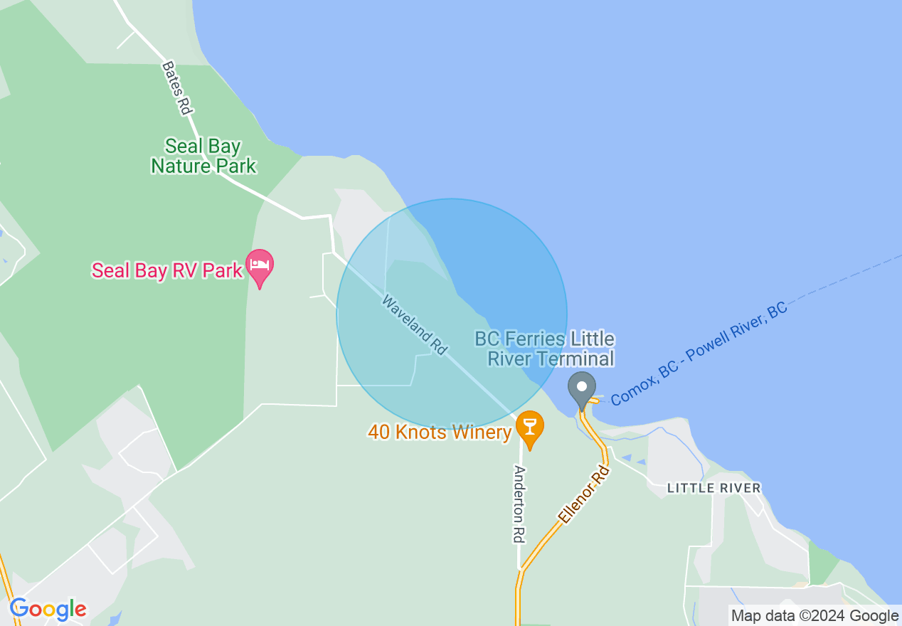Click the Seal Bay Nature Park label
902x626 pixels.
coord(203,156)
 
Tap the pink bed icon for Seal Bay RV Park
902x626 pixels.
coord(260,267)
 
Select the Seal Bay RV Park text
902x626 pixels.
coord(166,271)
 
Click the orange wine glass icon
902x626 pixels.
coord(529,427)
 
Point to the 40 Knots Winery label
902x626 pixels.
coord(440,432)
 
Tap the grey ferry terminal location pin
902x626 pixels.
coord(582,388)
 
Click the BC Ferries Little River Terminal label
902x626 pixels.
coord(545,349)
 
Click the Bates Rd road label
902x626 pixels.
coord(177,88)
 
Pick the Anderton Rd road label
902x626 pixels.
coord(520,504)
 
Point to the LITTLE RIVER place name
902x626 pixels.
coord(713,488)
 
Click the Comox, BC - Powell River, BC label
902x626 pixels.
coord(699,354)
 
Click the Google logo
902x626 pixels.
coord(48,609)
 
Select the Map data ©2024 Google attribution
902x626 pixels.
coord(815,616)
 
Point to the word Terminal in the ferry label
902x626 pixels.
coord(575,359)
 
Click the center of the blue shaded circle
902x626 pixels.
coord(452,314)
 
